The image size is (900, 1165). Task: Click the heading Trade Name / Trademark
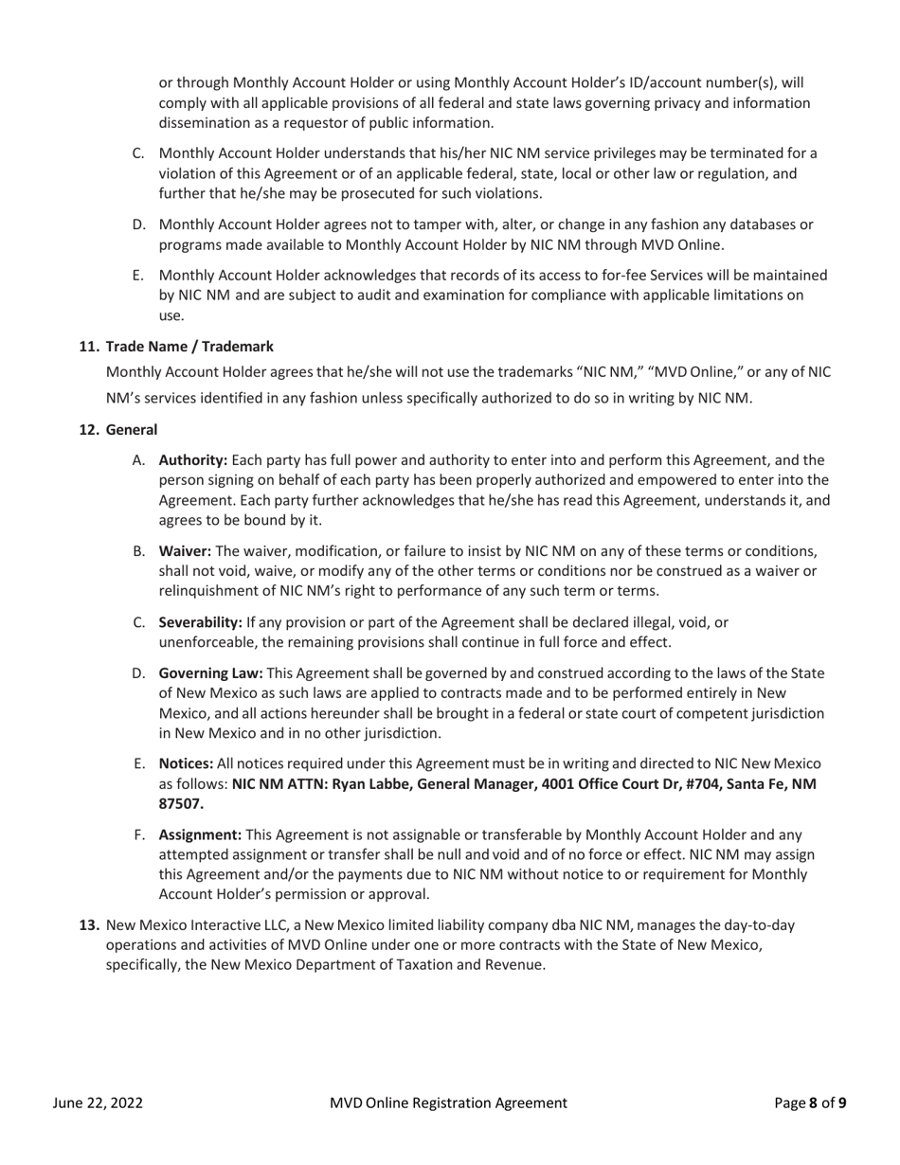click(189, 347)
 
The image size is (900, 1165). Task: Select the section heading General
click(131, 430)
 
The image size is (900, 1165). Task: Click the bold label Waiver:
click(186, 551)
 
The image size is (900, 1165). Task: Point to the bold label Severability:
click(201, 622)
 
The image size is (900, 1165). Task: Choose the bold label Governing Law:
click(210, 673)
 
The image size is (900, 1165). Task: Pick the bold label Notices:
click(186, 763)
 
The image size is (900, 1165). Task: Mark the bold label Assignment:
click(200, 834)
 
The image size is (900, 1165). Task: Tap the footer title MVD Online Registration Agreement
click(448, 1102)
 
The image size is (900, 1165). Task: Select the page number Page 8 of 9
click(810, 1102)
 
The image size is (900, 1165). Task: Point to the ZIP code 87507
click(180, 804)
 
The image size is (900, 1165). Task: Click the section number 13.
click(88, 924)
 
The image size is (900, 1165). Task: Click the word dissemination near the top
click(205, 122)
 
